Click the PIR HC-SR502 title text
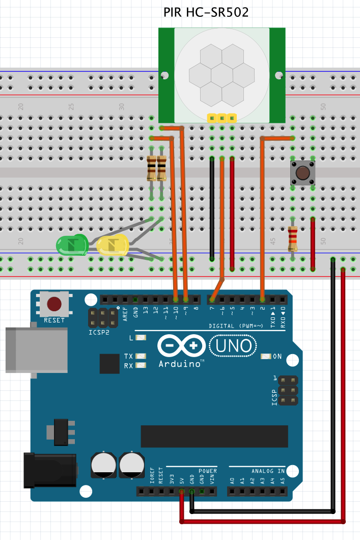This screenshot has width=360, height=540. (206, 12)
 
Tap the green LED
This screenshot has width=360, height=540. (72, 245)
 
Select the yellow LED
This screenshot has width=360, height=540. (112, 246)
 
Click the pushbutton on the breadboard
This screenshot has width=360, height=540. (302, 173)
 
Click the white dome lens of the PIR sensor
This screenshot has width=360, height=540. (221, 74)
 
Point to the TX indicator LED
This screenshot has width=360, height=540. (141, 356)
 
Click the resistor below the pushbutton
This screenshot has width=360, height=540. (292, 239)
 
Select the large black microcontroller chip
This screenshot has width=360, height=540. (214, 436)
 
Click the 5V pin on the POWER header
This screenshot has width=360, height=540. (182, 492)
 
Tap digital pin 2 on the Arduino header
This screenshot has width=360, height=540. (262, 300)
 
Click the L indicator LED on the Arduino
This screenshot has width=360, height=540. (141, 338)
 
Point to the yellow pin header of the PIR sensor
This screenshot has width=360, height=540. (222, 118)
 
